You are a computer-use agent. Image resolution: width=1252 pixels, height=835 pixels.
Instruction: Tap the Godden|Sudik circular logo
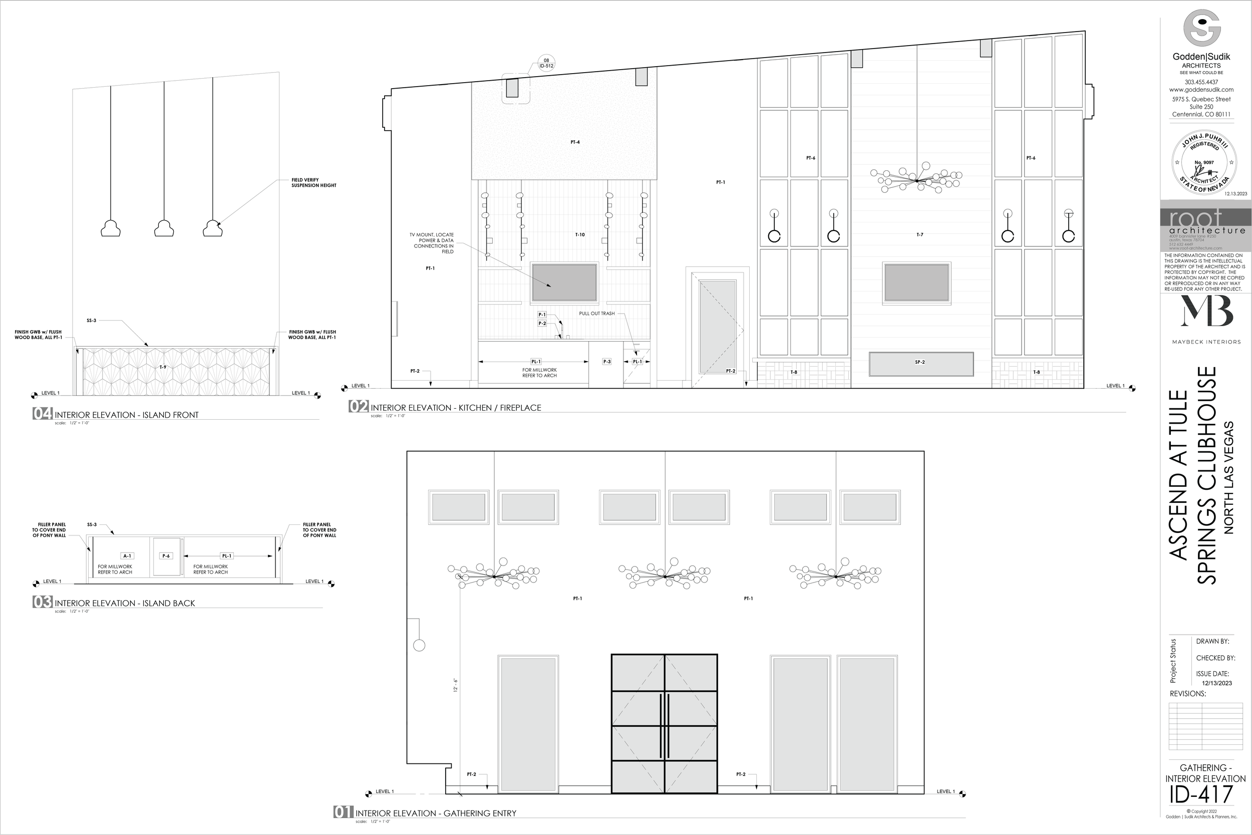click(1201, 29)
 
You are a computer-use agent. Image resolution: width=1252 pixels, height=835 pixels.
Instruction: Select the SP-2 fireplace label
click(920, 362)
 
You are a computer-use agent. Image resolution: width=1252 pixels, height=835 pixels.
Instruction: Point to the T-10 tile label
click(580, 235)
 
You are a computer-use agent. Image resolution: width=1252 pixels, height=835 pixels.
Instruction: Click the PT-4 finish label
click(575, 142)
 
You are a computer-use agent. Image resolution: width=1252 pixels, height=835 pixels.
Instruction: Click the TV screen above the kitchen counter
click(564, 282)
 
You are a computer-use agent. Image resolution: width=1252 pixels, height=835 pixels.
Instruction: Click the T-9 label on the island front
click(163, 368)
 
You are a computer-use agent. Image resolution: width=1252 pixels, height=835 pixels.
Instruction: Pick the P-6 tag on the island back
click(166, 556)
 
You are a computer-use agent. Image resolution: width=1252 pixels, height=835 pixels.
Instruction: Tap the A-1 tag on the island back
click(127, 556)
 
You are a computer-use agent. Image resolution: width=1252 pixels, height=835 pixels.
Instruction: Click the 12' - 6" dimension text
click(456, 684)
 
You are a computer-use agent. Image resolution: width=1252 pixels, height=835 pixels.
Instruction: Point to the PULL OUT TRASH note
click(597, 314)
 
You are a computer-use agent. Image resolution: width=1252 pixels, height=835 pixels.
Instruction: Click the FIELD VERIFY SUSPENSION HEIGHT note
click(314, 183)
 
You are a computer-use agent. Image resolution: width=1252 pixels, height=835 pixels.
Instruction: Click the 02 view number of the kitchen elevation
click(358, 407)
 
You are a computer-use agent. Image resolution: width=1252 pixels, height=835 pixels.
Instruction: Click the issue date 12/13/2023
click(1217, 683)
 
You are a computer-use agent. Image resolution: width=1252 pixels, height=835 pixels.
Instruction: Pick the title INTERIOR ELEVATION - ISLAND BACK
click(125, 604)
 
